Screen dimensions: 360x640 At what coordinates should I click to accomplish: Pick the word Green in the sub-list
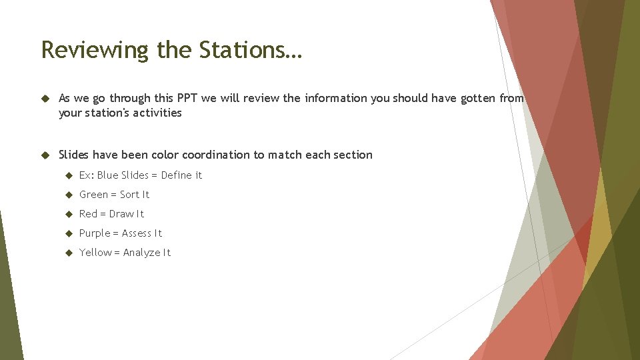click(93, 195)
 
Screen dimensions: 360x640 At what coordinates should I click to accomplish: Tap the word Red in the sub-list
click(88, 214)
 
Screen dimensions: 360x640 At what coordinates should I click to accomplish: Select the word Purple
click(95, 233)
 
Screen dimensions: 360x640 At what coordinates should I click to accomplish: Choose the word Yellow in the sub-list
click(95, 253)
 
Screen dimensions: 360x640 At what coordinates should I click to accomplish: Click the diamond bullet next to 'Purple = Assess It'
click(68, 233)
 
